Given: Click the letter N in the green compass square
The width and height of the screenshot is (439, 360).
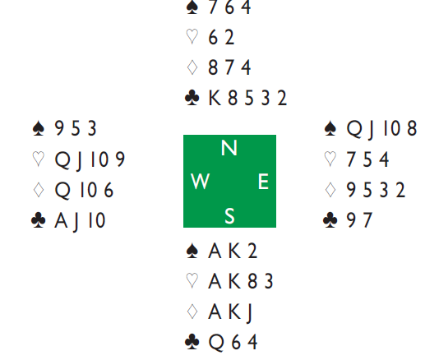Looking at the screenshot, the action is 229,147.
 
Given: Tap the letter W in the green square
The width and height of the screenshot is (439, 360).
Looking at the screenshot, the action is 200,182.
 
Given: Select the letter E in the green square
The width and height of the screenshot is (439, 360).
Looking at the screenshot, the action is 263,182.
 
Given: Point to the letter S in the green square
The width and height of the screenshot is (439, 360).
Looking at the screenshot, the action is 229,216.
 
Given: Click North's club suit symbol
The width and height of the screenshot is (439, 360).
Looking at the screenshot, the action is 192,98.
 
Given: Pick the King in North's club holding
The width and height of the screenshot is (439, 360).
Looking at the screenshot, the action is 215,98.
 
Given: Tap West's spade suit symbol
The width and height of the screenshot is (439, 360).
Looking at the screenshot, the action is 39,128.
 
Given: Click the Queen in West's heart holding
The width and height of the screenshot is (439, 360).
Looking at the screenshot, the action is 62,159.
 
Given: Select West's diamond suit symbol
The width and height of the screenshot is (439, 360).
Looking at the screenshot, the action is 39,190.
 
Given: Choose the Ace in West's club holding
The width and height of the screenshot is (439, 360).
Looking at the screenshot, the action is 62,220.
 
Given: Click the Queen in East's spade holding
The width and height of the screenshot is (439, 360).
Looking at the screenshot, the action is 354,129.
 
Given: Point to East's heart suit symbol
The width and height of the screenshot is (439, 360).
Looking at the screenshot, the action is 330,159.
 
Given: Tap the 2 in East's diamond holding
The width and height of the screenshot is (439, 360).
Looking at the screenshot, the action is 400,190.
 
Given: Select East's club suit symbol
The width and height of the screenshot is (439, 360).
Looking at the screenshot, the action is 330,219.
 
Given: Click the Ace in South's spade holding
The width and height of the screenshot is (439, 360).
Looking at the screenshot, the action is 215,251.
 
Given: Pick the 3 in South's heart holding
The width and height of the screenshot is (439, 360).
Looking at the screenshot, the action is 269,281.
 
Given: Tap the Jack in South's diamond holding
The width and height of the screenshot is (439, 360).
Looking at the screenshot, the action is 249,313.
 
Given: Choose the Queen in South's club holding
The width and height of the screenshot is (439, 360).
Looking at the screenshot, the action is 216,343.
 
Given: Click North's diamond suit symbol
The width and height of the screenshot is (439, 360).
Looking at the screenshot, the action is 192,67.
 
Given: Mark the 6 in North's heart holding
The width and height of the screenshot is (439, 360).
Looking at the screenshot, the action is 213,37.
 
